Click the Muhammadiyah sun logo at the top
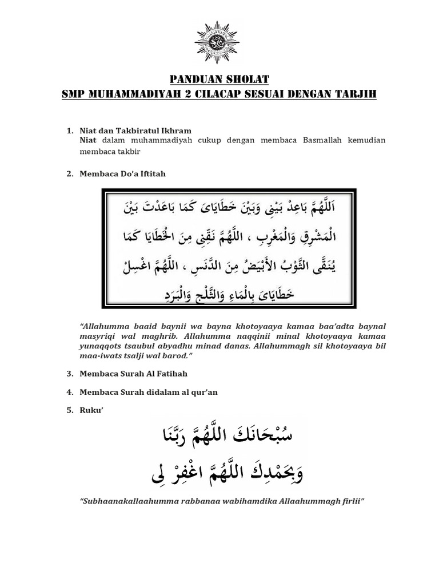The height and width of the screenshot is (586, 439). tap(219, 41)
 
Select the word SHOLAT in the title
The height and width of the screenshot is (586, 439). tap(244, 78)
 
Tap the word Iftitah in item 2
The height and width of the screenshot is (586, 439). tap(152, 174)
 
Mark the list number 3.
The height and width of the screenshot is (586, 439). tap(69, 374)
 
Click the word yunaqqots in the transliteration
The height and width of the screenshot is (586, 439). tap(103, 345)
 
